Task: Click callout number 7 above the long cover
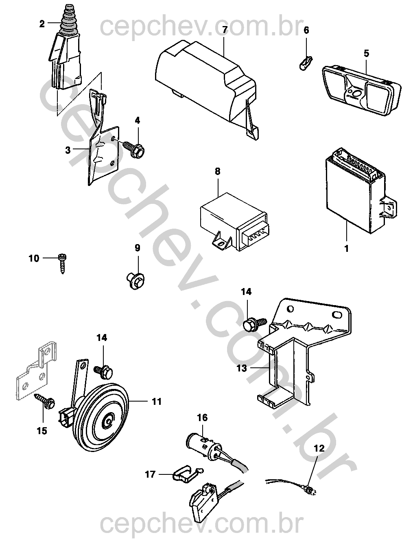tap(224, 30)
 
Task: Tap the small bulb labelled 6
tap(306, 62)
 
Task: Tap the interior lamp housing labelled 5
tap(361, 93)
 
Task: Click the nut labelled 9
tap(136, 281)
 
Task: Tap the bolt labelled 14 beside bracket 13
tap(255, 324)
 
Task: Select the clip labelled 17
tap(187, 474)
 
